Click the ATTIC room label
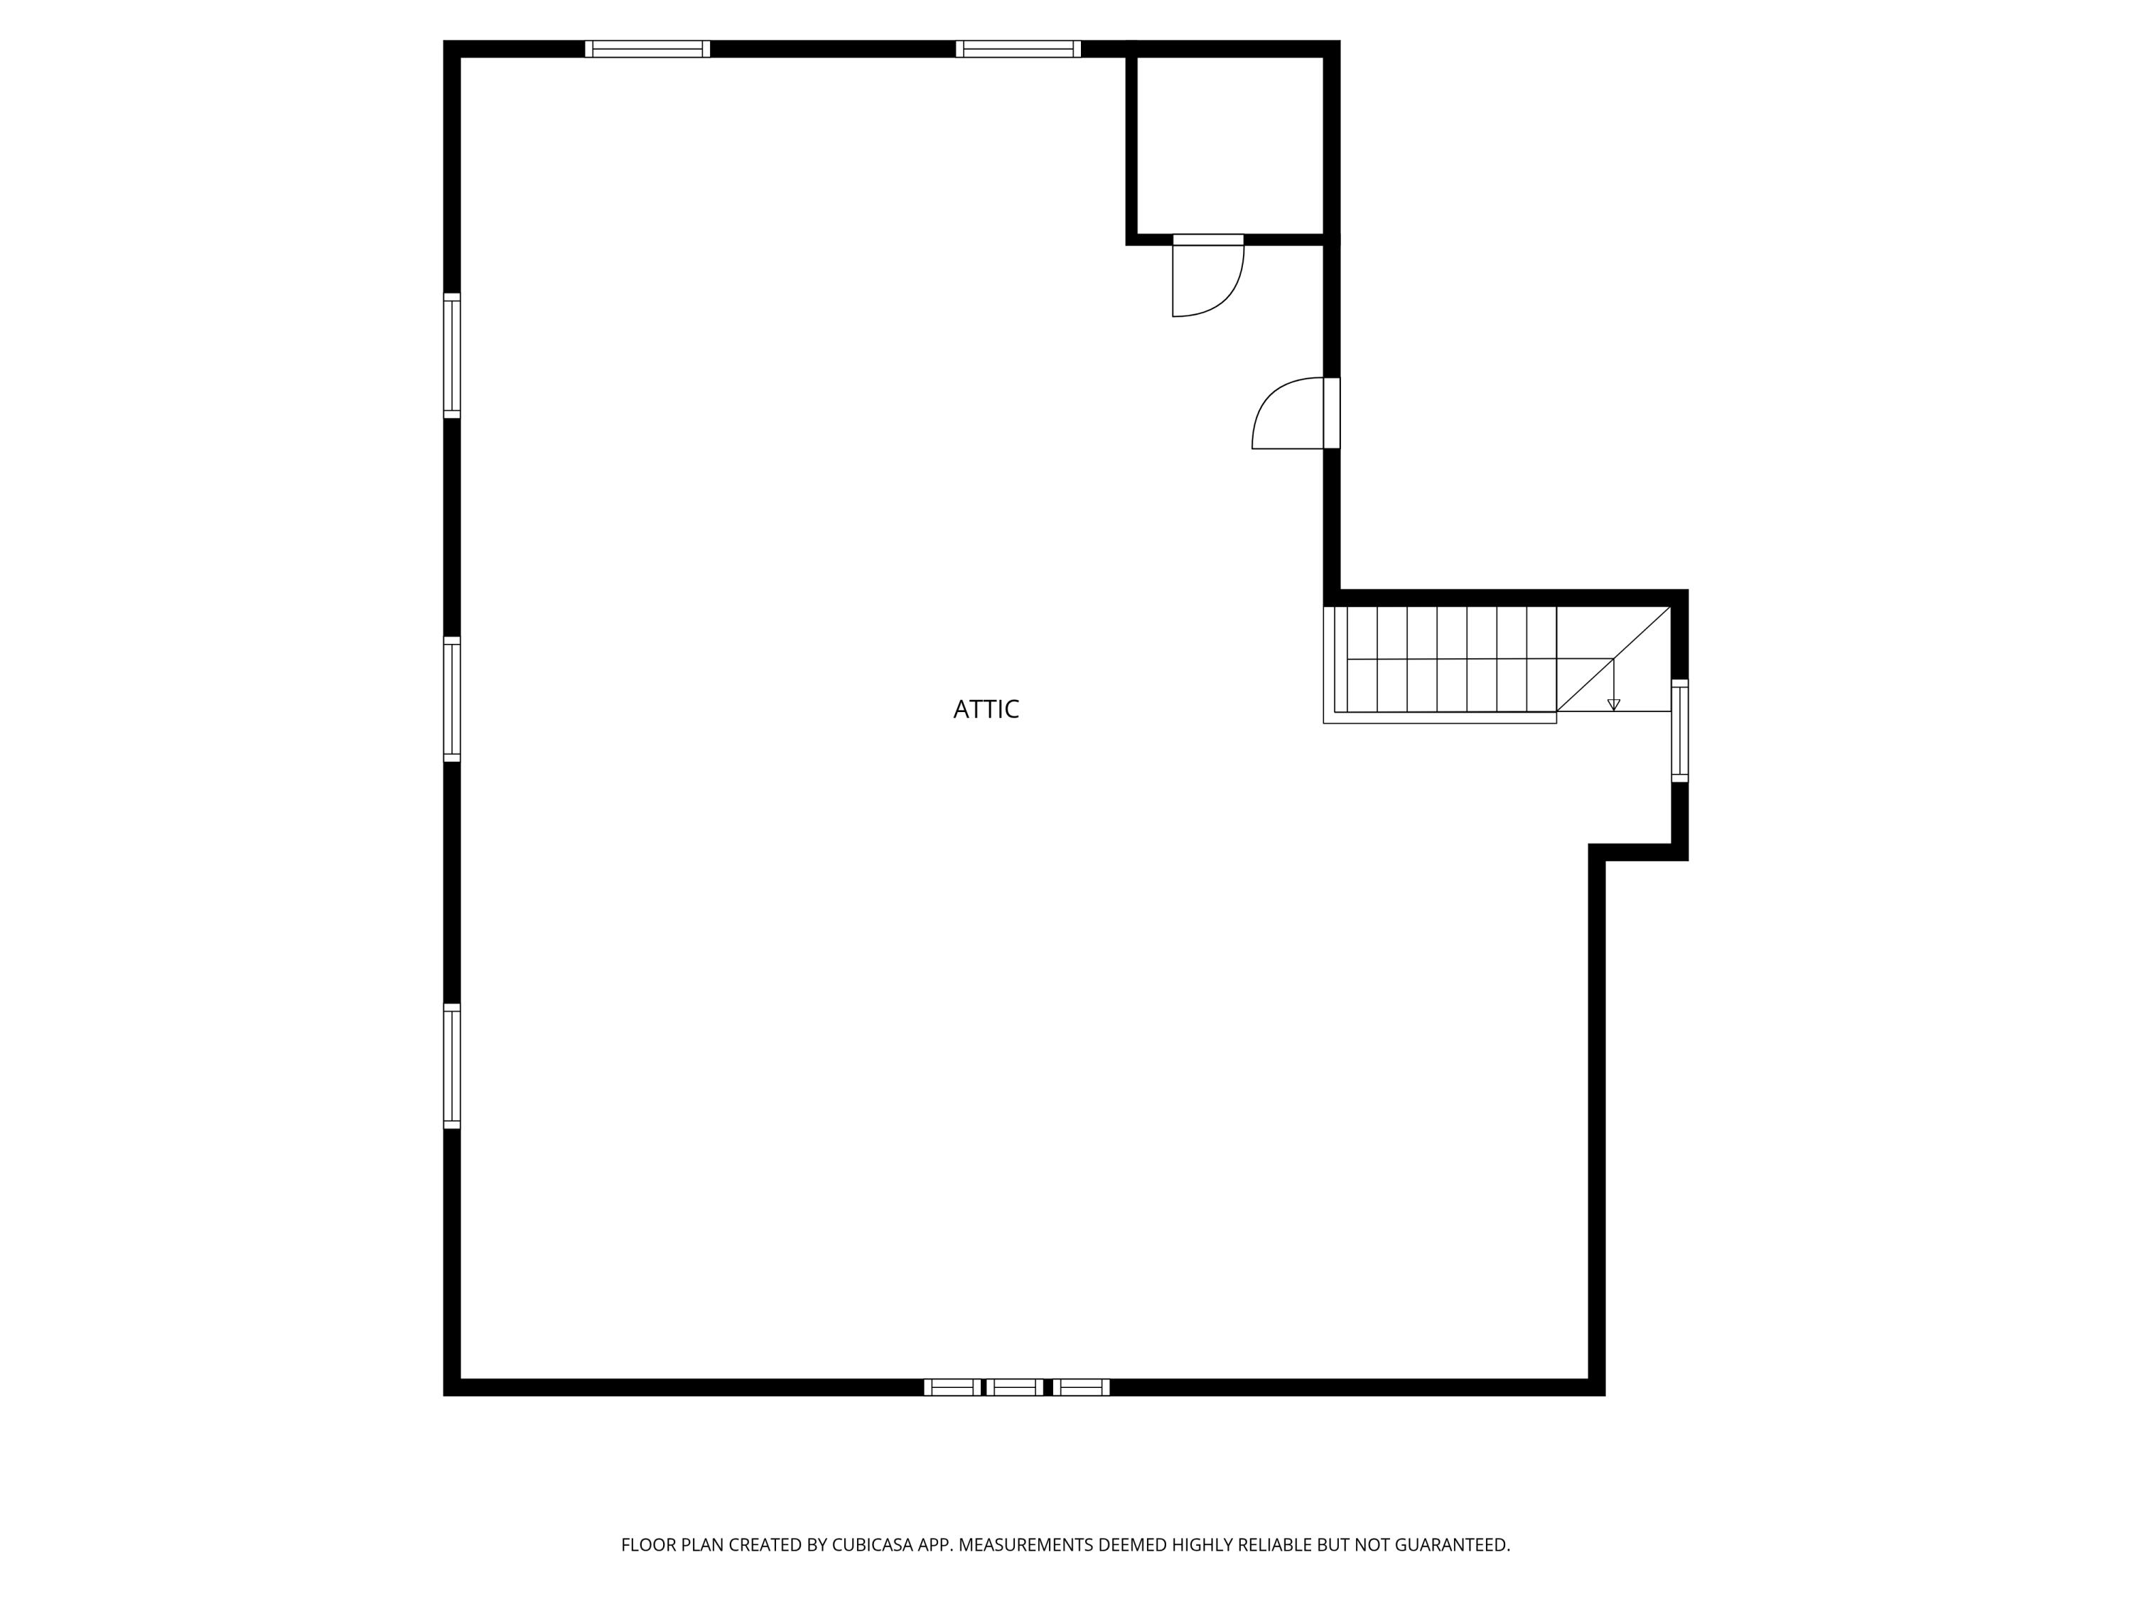click(986, 709)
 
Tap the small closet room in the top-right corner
click(1230, 144)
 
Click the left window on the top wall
click(647, 49)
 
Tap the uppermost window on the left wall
click(452, 355)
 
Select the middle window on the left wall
click(452, 699)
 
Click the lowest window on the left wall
click(452, 1065)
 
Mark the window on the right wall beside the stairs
click(1680, 731)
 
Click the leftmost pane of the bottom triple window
click(952, 1387)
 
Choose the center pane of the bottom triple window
click(1015, 1387)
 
